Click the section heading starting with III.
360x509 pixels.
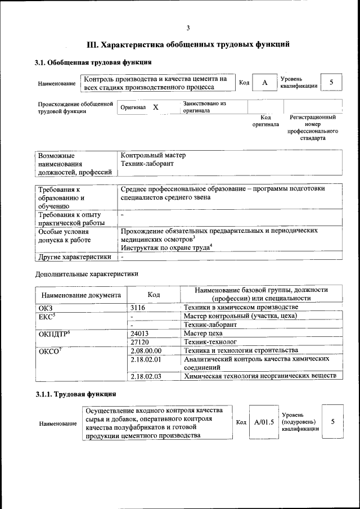click(x=188, y=44)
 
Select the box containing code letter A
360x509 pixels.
click(x=264, y=83)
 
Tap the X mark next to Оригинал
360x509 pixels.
click(x=156, y=107)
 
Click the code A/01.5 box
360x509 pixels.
click(x=263, y=421)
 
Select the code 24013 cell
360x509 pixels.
click(x=139, y=333)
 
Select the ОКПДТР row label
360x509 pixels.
click(x=53, y=333)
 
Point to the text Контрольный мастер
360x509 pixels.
click(x=153, y=155)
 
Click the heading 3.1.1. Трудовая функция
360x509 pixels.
click(x=76, y=394)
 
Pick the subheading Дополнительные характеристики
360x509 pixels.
click(x=86, y=273)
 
